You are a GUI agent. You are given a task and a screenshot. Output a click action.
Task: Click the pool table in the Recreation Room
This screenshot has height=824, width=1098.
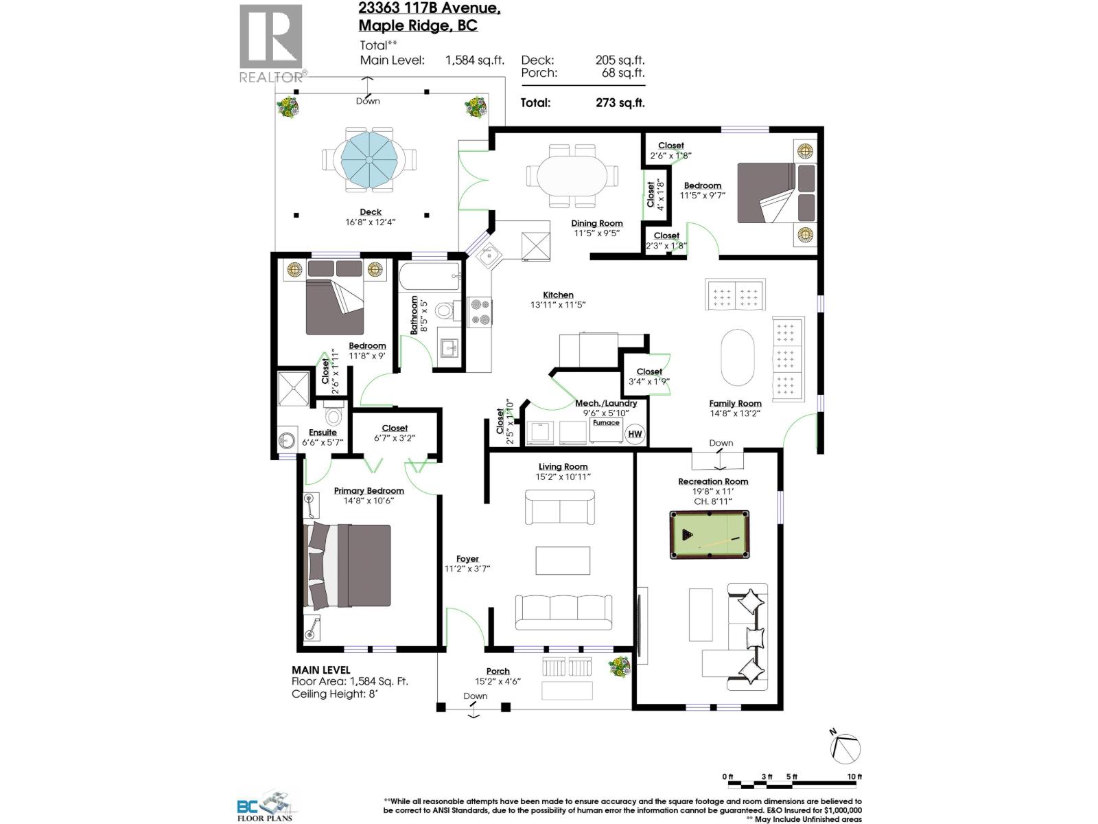pyautogui.click(x=709, y=534)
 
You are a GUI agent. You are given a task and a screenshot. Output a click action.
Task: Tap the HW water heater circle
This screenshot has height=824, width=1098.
pyautogui.click(x=635, y=433)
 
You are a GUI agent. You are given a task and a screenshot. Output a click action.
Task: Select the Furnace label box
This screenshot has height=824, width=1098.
pyautogui.click(x=606, y=423)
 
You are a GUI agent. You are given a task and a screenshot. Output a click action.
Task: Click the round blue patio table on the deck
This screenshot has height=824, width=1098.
pyautogui.click(x=369, y=160)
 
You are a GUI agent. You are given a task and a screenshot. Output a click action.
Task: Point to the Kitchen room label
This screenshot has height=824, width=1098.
pyautogui.click(x=558, y=295)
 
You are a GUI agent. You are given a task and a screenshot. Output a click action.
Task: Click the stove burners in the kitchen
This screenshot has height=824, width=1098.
pyautogui.click(x=480, y=311)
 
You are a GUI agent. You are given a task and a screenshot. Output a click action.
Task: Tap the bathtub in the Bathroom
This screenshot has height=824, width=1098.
pyautogui.click(x=430, y=277)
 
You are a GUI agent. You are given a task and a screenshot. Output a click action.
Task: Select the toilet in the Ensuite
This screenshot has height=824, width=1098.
pyautogui.click(x=334, y=415)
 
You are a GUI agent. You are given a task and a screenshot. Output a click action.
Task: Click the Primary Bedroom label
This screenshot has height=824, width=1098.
pyautogui.click(x=369, y=490)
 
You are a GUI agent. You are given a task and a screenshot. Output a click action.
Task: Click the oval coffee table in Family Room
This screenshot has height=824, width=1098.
pyautogui.click(x=738, y=357)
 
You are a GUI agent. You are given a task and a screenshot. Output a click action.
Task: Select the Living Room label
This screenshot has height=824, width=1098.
pyautogui.click(x=563, y=467)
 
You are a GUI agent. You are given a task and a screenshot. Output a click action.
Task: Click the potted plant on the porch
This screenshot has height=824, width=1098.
pyautogui.click(x=619, y=666)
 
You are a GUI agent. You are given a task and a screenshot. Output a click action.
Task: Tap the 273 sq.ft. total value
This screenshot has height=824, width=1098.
pyautogui.click(x=620, y=103)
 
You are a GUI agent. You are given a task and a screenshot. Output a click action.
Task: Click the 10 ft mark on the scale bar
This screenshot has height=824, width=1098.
pyautogui.click(x=854, y=777)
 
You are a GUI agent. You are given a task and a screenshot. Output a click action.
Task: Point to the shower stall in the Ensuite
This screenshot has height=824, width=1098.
pyautogui.click(x=294, y=389)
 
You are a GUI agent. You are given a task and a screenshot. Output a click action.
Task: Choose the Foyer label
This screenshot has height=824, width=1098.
pyautogui.click(x=467, y=559)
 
